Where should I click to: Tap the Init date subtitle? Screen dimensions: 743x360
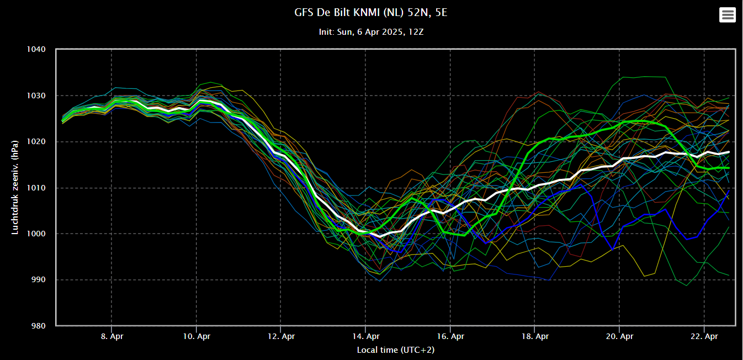tap(371, 32)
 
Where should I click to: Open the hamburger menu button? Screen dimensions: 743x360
tap(728, 15)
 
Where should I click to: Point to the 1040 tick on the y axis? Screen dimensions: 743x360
tap(36, 50)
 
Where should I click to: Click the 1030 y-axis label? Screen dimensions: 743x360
tap(36, 96)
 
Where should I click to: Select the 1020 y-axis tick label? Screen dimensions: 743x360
tap(36, 142)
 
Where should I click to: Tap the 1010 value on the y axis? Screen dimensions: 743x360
tap(36, 188)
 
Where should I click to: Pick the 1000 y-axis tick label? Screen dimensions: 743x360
tap(36, 234)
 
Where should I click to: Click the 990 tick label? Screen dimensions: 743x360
tap(39, 280)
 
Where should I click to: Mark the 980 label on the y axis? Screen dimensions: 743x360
tap(39, 326)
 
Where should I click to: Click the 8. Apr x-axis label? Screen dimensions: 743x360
tap(112, 336)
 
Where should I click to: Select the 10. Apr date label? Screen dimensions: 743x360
tap(197, 336)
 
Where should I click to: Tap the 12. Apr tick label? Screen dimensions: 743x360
tap(282, 336)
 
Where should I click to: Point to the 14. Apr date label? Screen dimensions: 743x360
tap(366, 336)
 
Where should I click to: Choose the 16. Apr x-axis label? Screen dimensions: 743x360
tap(450, 336)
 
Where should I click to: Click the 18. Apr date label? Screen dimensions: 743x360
tap(535, 336)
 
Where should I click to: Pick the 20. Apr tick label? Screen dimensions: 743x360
tap(619, 336)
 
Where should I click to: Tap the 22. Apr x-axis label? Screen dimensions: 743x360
tap(704, 336)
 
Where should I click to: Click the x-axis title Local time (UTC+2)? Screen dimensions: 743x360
tap(396, 350)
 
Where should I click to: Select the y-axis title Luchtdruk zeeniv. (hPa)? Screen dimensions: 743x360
tap(15, 188)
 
